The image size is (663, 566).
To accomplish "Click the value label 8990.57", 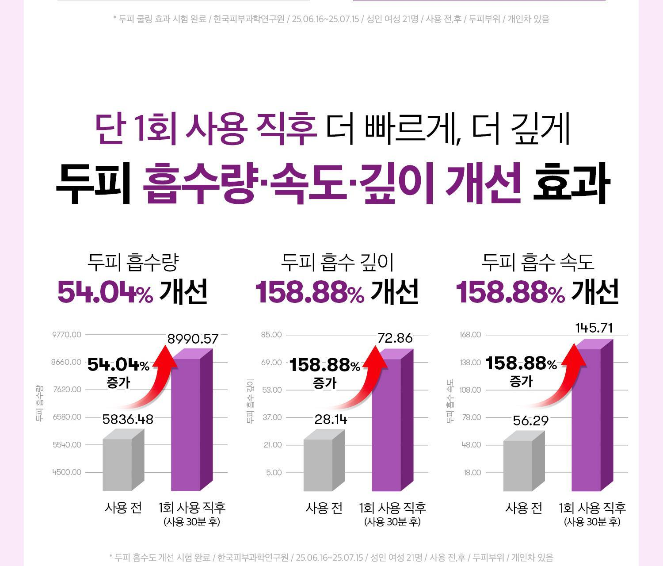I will [x=193, y=339].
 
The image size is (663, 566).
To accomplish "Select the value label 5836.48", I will [x=128, y=419].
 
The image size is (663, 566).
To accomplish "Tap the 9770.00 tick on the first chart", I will [x=67, y=335].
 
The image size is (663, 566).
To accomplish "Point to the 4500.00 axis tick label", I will [x=67, y=472].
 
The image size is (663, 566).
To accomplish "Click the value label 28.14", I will [x=331, y=419].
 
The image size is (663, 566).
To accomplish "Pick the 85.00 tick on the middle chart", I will [x=271, y=335].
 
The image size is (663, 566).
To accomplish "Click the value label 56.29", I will [x=530, y=421].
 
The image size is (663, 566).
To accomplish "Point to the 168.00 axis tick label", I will [x=470, y=335].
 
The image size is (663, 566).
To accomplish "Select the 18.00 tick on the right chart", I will [x=472, y=473].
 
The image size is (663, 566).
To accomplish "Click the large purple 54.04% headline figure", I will [x=105, y=292].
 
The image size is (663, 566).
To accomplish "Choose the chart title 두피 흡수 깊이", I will [x=337, y=262].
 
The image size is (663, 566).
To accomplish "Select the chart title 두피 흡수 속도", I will [x=537, y=262].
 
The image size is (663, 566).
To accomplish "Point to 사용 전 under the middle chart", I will [x=324, y=508].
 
